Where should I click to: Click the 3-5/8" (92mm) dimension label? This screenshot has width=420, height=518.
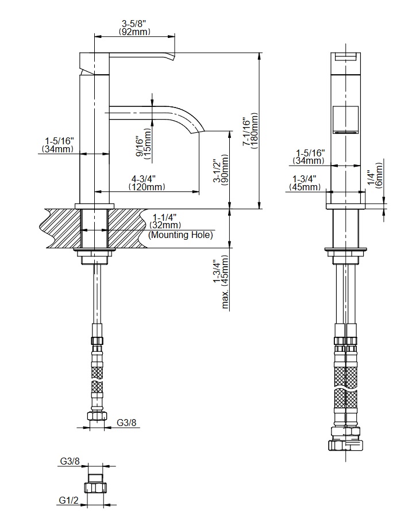coord(134,28)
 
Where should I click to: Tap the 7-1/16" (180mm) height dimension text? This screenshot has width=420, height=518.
coord(251,131)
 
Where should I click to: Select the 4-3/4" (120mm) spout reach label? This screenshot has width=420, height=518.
coord(147,183)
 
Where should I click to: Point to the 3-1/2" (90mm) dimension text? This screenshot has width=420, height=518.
coord(221,170)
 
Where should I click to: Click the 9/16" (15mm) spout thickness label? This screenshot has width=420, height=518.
coord(144,145)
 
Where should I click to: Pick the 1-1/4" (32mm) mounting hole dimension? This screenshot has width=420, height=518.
coord(165,221)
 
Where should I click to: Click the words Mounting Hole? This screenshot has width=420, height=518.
coord(180,235)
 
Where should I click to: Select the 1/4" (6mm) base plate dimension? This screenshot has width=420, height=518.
coord(375,175)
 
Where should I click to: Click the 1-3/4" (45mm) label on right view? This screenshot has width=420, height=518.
coord(305,183)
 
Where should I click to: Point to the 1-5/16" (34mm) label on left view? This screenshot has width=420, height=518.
coord(58,145)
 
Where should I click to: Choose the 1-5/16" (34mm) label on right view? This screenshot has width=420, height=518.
coord(309,157)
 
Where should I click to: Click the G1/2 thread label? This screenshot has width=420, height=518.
coord(69,501)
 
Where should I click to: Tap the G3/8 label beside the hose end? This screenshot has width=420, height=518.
coord(126,423)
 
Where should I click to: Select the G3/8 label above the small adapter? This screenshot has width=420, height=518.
coord(70,461)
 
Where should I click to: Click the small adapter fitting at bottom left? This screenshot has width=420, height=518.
coord(96,485)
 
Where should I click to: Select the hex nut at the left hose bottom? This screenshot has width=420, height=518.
coord(96,416)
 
